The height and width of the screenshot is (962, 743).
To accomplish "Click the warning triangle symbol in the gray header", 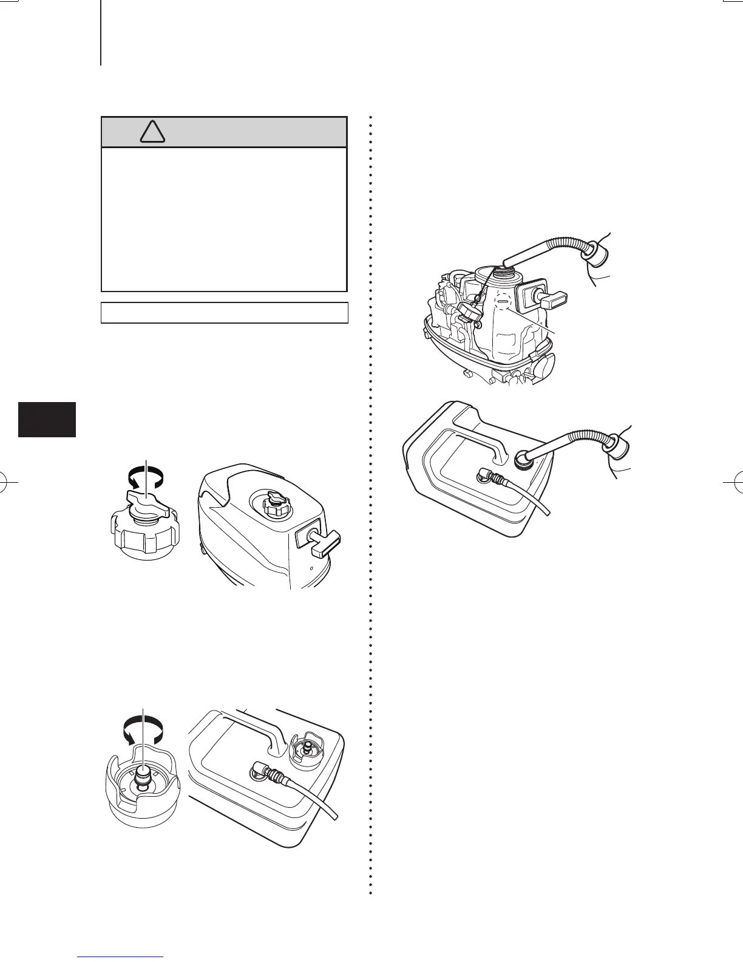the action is (x=152, y=132).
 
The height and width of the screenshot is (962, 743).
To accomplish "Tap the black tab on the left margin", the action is (x=47, y=419).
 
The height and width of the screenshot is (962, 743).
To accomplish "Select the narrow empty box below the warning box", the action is (x=224, y=313).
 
